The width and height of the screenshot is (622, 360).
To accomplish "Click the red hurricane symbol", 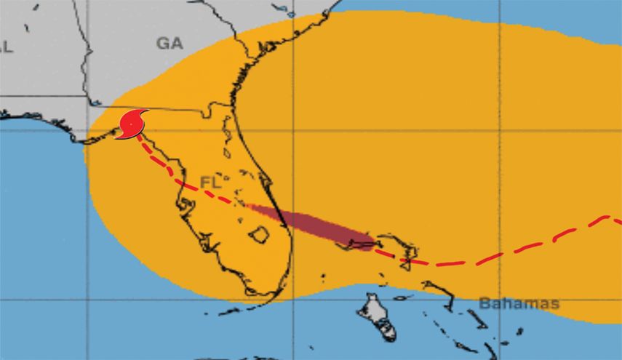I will pos(132,124).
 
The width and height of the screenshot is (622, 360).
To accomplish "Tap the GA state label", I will pos(169,44).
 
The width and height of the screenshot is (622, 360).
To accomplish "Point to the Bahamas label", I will pos(519,303).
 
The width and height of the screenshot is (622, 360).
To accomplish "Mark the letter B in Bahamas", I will pos(485,303).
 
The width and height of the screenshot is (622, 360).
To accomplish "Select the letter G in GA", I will pos(162,44).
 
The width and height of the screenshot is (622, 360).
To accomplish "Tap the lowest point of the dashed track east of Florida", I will pos(436,264).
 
